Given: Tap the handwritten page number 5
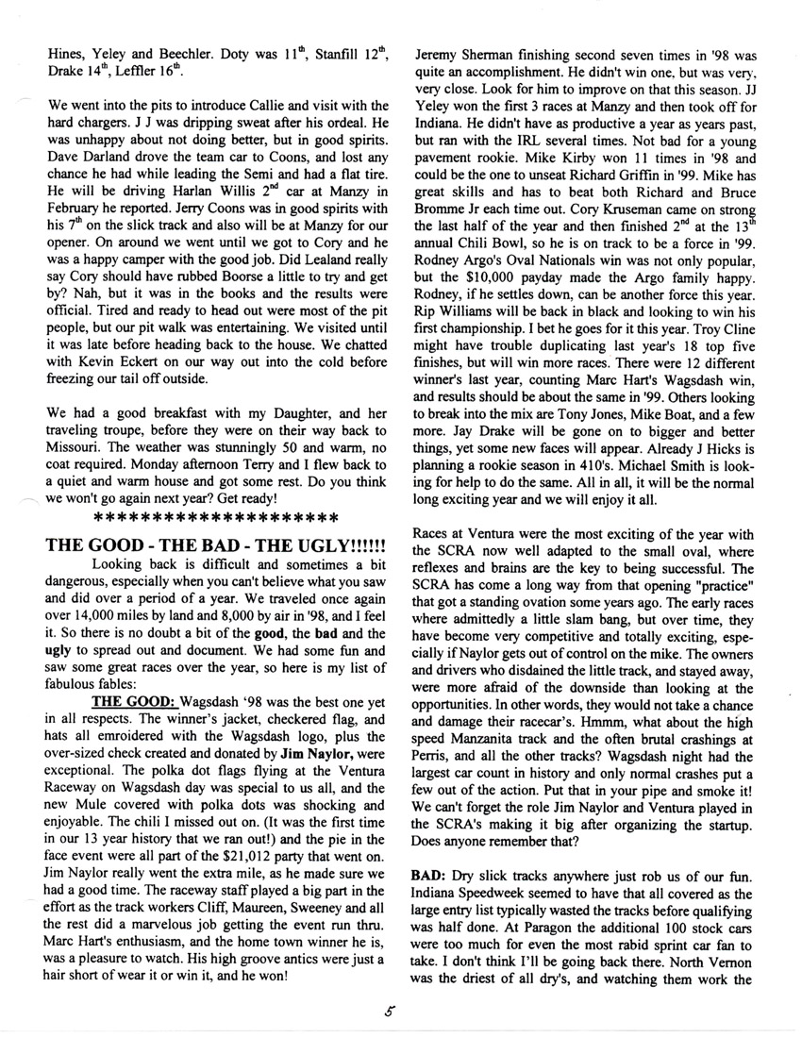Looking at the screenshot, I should [x=388, y=1013].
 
